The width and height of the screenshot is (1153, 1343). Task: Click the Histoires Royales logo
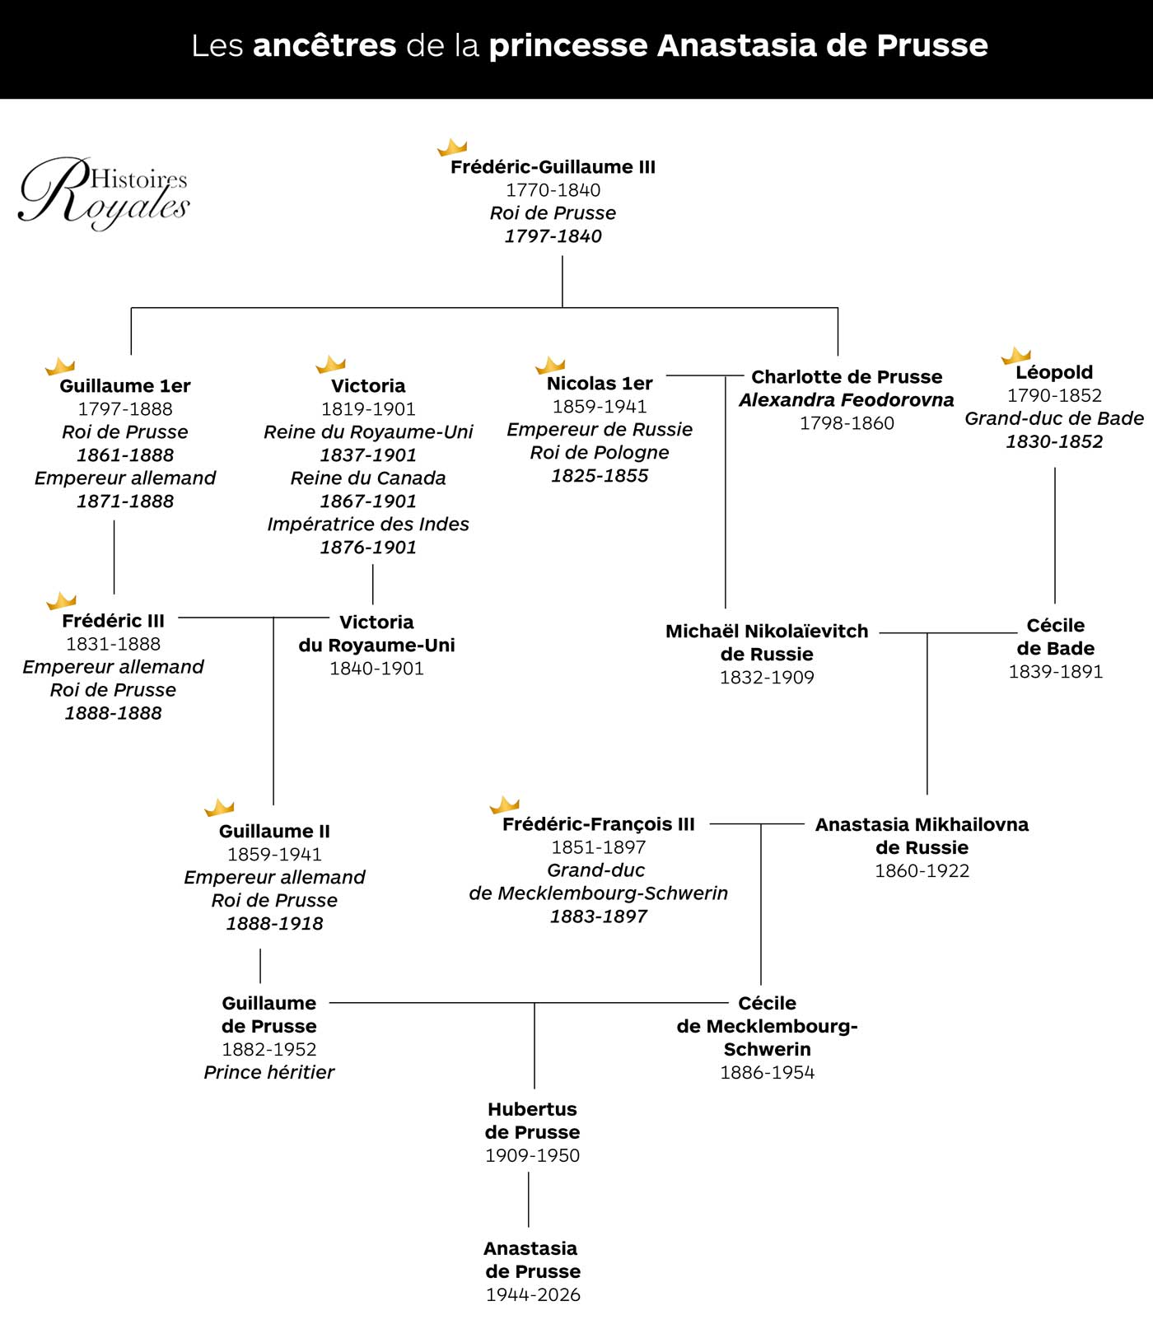[104, 194]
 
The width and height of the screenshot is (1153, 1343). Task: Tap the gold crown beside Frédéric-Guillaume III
[452, 147]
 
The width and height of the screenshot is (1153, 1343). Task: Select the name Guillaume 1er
[125, 385]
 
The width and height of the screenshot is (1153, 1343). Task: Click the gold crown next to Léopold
[1016, 356]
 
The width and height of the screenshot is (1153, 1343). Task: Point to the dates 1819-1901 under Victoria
[368, 408]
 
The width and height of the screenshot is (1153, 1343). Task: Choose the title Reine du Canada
[368, 478]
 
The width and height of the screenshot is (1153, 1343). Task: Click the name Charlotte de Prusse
[847, 376]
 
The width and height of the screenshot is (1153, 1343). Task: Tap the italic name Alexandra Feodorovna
[847, 399]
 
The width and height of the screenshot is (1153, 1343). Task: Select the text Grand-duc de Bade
[1054, 418]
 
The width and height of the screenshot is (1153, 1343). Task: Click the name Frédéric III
[113, 621]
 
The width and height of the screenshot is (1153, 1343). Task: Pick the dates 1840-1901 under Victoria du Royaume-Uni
[376, 668]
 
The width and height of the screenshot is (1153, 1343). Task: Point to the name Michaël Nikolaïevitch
[767, 631]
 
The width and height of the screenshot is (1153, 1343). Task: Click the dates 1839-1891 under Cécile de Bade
[1056, 671]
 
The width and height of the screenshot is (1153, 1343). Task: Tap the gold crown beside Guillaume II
[219, 807]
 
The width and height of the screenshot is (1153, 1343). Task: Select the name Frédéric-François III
[599, 824]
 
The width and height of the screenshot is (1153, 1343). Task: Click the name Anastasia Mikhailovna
[922, 824]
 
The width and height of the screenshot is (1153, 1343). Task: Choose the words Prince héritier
[269, 1072]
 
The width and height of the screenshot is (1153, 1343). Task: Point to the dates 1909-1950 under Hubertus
[532, 1155]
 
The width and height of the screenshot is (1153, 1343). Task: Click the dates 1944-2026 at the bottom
[533, 1294]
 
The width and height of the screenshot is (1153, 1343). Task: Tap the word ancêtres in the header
[324, 45]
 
